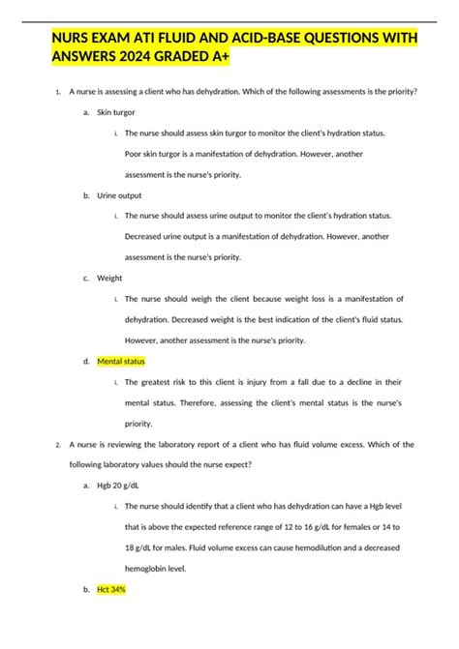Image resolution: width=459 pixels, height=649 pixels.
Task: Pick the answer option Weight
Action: [x=110, y=278]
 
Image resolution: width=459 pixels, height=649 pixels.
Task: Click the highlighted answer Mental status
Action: [x=121, y=361]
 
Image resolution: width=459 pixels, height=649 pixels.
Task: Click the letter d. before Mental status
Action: [x=86, y=361]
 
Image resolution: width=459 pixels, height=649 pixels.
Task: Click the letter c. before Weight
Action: [x=86, y=278]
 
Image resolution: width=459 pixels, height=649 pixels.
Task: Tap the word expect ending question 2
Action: [x=236, y=465]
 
